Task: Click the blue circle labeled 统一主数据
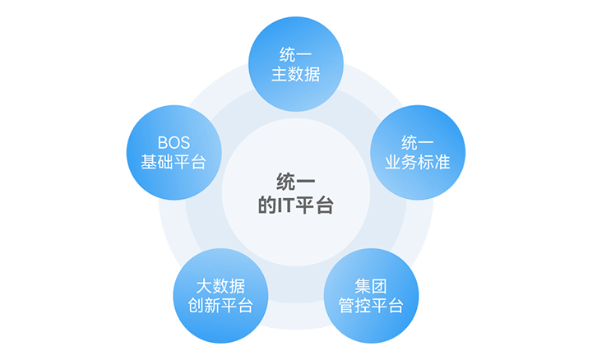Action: (x=295, y=66)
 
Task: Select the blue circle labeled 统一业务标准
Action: (x=417, y=153)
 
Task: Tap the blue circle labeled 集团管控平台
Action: (x=371, y=296)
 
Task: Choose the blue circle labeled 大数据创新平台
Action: (x=220, y=296)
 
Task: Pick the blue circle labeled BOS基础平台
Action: (x=173, y=153)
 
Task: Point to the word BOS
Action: (x=173, y=141)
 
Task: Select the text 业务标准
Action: (x=417, y=162)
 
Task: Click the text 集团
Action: (x=371, y=286)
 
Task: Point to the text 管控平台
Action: (x=371, y=306)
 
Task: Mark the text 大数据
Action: (x=220, y=286)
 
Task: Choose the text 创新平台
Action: (x=220, y=306)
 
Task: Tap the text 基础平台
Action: (x=173, y=162)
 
